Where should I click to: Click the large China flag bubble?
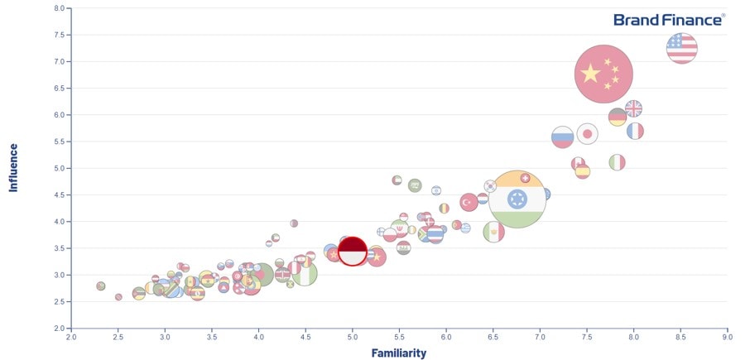pos(603,74)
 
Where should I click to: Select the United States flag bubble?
pos(681,48)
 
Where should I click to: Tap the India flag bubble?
pos(517,199)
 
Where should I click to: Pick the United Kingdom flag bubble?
pos(633,108)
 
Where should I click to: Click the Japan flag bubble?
pos(587,134)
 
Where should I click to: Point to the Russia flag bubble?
pos(563,137)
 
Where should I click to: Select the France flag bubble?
pos(635,131)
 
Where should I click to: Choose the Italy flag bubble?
pos(617,162)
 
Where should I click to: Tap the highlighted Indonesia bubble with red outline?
pos(353,251)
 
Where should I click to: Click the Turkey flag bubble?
pos(469,201)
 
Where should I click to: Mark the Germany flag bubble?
pos(618,118)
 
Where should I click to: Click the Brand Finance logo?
pos(669,19)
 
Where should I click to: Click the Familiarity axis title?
pos(399,353)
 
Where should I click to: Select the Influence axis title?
pos(13,168)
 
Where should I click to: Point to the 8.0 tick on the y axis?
pos(59,8)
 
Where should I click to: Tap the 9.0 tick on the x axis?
pos(727,336)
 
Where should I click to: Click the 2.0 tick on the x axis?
pos(71,336)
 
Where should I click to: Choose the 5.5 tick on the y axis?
pos(59,142)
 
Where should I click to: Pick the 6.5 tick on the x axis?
pos(493,336)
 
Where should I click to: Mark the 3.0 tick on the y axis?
pos(59,275)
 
